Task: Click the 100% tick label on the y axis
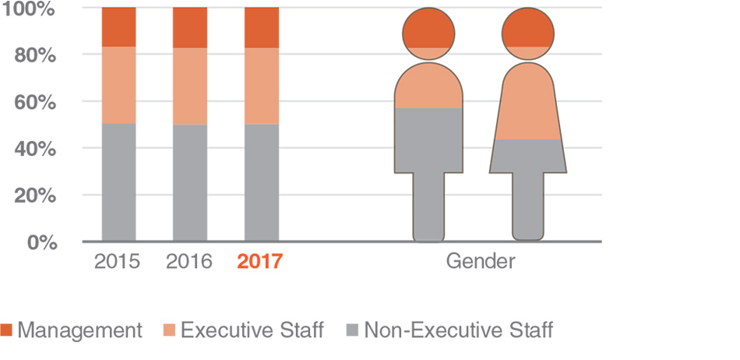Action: point(29,10)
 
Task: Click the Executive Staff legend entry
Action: point(243,330)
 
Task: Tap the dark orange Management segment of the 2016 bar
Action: point(190,28)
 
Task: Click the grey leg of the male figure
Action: point(429,206)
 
